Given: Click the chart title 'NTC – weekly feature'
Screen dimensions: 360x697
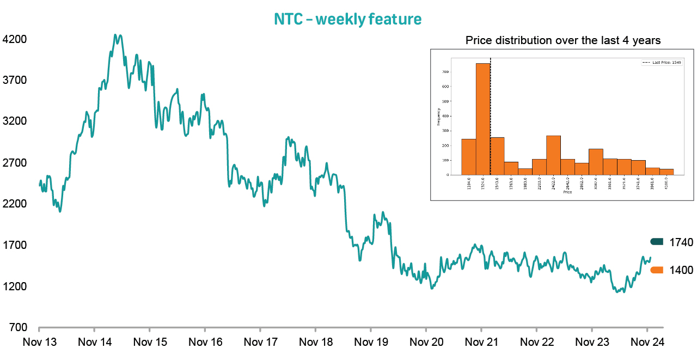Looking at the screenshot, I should pyautogui.click(x=347, y=20).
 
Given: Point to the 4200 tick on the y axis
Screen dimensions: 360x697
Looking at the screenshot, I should pyautogui.click(x=15, y=39).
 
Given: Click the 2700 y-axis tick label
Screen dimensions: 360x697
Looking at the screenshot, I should pyautogui.click(x=15, y=163).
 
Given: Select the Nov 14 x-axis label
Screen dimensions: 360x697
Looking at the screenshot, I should pyautogui.click(x=95, y=342).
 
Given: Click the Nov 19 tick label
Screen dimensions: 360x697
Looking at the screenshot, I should pyautogui.click(x=370, y=342).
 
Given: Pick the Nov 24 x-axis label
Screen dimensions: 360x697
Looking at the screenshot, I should pyautogui.click(x=646, y=342).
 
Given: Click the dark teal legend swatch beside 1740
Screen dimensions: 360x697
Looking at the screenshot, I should pyautogui.click(x=656, y=242).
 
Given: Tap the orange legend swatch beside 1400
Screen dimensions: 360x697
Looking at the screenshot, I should pyautogui.click(x=656, y=270).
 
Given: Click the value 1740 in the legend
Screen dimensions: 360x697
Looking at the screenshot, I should pyautogui.click(x=681, y=242).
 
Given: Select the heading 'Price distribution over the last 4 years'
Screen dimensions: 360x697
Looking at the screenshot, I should pyautogui.click(x=563, y=40).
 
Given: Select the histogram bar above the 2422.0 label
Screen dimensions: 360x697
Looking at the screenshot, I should pyautogui.click(x=553, y=155).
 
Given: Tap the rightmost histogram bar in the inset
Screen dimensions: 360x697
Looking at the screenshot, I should pyautogui.click(x=667, y=172).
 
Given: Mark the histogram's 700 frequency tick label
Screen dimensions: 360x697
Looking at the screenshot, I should pyautogui.click(x=445, y=71).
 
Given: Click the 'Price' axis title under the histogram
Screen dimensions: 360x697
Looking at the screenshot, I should pyautogui.click(x=567, y=192).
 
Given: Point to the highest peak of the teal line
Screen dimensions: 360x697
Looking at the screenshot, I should pyautogui.click(x=115, y=35).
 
